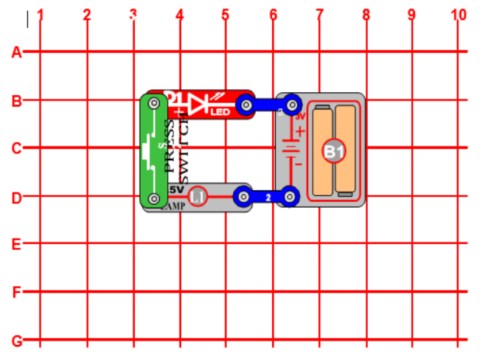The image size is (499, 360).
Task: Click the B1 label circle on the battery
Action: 334,152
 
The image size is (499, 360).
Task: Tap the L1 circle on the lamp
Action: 198,198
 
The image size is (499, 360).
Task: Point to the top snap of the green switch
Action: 154,103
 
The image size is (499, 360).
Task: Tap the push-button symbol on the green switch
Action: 150,148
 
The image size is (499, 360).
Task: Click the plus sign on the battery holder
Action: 299,132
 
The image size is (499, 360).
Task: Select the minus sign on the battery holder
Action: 299,164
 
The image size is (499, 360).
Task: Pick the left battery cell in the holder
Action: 323,149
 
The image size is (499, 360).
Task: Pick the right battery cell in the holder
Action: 346,149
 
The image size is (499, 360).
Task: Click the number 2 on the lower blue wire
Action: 268,199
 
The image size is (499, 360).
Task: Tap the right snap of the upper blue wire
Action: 292,103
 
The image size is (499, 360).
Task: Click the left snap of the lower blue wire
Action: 244,197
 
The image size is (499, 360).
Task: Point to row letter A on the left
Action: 15,52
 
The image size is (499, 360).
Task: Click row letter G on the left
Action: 15,341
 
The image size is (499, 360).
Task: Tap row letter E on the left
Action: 15,244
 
